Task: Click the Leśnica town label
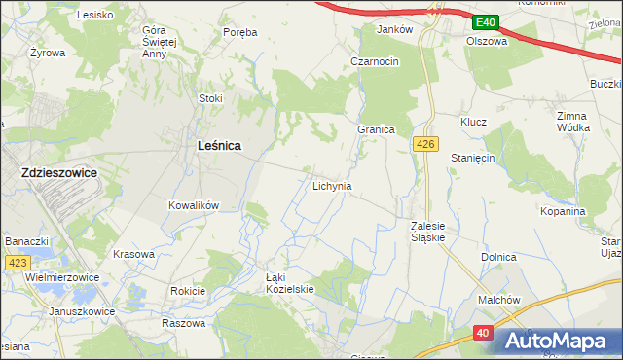(x=219, y=145)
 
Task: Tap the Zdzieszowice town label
(x=58, y=172)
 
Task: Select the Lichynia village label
(x=332, y=185)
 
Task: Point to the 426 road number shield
(x=422, y=144)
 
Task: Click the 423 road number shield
(x=17, y=263)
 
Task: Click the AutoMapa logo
(x=559, y=341)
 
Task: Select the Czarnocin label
(x=375, y=61)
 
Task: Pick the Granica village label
(x=375, y=129)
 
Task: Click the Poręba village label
(x=239, y=32)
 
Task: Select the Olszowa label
(x=487, y=42)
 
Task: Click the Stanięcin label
(x=474, y=157)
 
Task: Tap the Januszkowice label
(x=83, y=311)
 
